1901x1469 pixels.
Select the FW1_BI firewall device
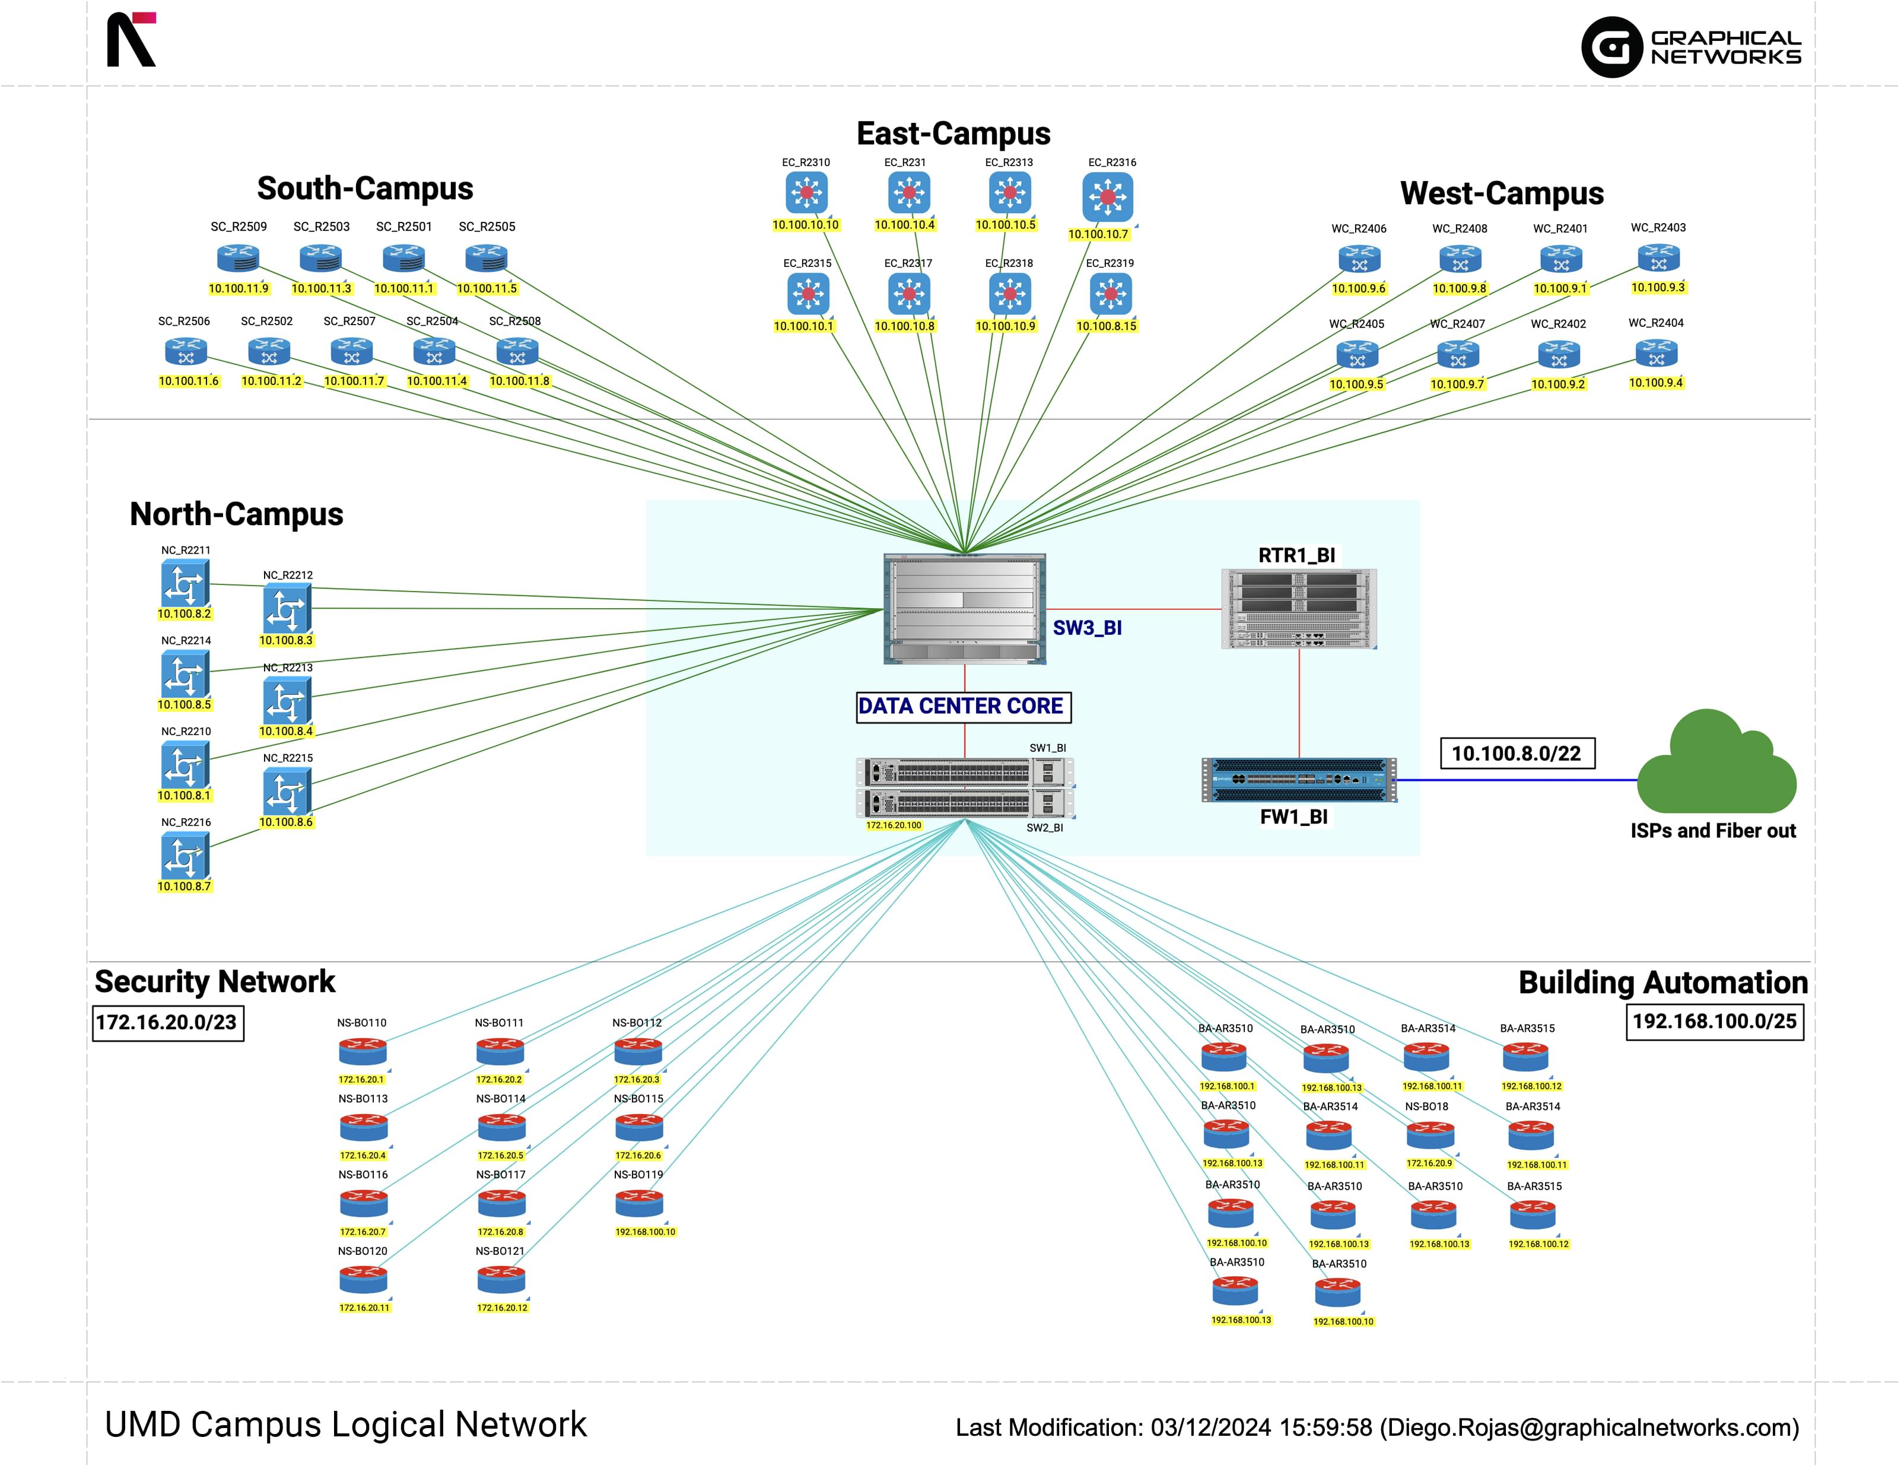click(x=1299, y=780)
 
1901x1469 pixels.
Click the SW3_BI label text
click(x=1086, y=628)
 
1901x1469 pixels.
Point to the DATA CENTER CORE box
click(x=964, y=706)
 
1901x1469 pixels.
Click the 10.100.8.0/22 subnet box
click(x=1517, y=753)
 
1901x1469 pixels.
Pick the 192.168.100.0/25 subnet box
click(x=1714, y=1021)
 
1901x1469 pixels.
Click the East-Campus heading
click(x=953, y=133)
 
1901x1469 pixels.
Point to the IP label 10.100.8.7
click(x=184, y=886)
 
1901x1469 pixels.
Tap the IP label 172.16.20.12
click(x=502, y=1307)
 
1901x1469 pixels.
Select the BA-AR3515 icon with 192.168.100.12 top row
click(x=1525, y=1057)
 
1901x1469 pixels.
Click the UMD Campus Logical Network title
click(x=345, y=1425)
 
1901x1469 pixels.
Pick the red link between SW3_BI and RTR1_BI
click(x=1133, y=609)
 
